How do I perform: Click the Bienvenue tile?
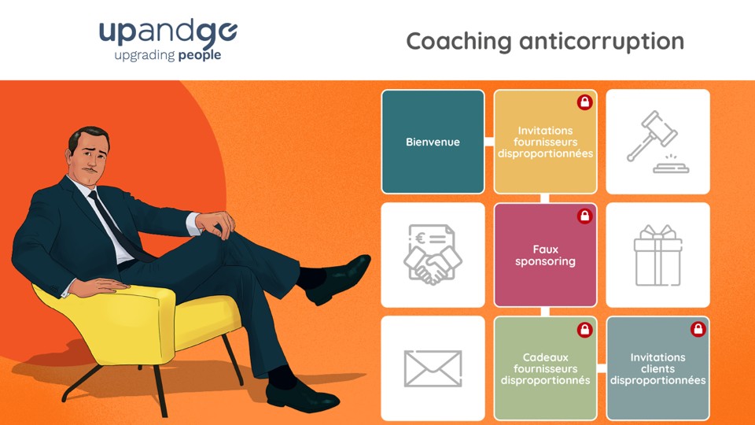coord(433,142)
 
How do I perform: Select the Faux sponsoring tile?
coord(545,255)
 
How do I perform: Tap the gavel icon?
coord(657,142)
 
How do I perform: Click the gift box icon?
coord(657,255)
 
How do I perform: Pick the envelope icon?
coord(433,368)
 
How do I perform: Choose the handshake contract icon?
coord(433,254)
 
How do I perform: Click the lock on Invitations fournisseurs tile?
coord(584,102)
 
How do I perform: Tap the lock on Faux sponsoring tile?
coord(584,216)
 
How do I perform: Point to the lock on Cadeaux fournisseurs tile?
coord(584,330)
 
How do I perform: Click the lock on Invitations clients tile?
coord(698,329)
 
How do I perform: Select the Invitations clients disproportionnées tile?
coord(657,368)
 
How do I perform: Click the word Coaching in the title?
coord(459,42)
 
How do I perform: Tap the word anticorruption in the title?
coord(602,42)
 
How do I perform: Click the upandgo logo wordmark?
coord(168,33)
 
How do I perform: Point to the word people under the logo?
coord(199,55)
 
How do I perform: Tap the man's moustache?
coord(89,170)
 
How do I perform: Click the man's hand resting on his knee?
coord(215,224)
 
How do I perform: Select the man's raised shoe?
coord(339,279)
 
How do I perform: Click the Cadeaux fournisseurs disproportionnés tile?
coord(545,368)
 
